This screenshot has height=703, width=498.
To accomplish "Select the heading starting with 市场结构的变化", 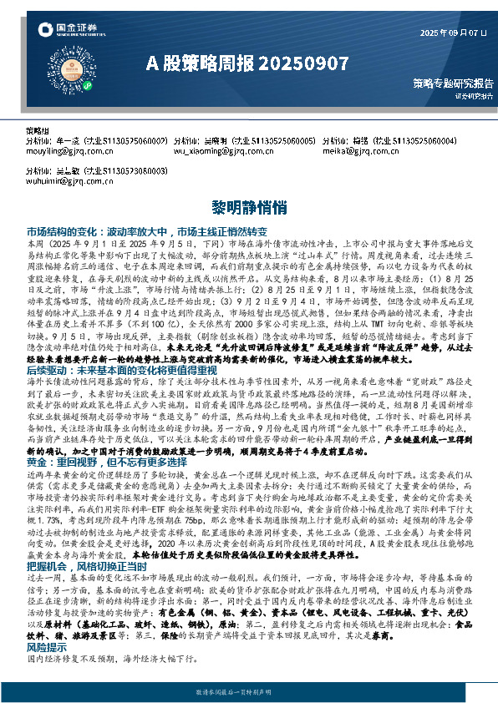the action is tap(146, 230).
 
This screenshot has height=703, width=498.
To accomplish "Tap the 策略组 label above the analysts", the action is tap(38, 132).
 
